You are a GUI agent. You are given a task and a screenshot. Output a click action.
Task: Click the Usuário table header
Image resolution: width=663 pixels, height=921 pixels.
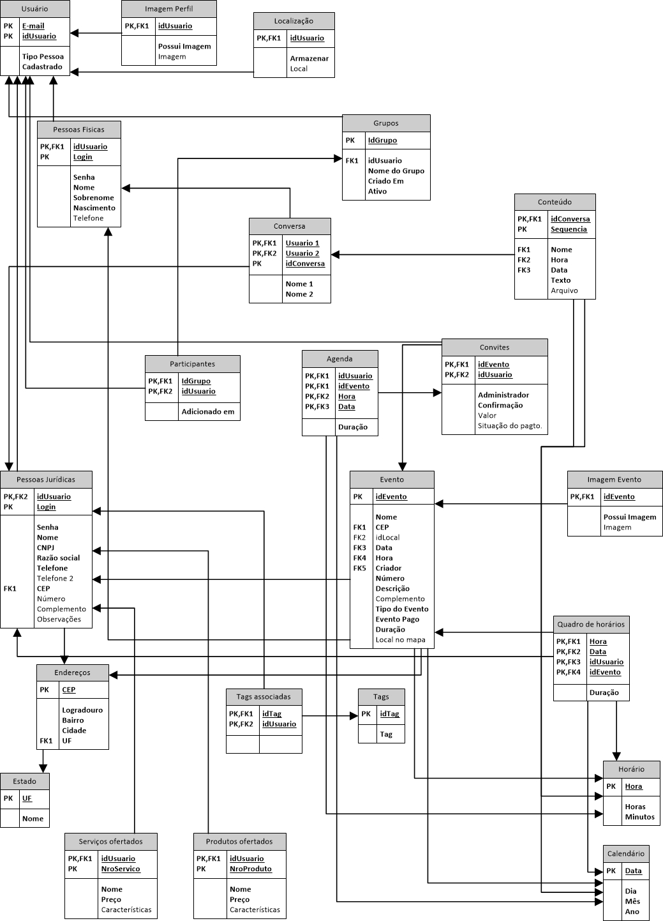tap(34, 9)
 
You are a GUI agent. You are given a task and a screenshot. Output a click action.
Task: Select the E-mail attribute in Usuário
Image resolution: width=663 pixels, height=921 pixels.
tap(33, 26)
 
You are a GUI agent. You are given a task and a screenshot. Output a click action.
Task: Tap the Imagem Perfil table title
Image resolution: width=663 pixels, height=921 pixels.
tap(168, 9)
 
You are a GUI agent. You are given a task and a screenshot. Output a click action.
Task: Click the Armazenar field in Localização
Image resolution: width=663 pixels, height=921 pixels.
tap(309, 59)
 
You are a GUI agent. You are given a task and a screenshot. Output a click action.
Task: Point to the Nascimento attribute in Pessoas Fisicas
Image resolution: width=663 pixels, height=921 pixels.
tap(94, 208)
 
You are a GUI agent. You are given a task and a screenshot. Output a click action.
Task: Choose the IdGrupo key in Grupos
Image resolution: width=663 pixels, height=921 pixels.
tap(382, 141)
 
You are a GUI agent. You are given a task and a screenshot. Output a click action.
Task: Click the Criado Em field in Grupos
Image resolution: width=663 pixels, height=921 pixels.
tap(385, 181)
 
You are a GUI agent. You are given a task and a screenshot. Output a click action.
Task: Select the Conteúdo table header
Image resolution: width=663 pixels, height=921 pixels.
tap(555, 202)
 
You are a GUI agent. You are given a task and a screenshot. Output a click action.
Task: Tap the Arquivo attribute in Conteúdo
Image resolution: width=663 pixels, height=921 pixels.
tap(564, 291)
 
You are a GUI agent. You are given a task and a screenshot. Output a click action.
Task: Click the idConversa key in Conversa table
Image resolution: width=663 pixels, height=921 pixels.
tap(305, 264)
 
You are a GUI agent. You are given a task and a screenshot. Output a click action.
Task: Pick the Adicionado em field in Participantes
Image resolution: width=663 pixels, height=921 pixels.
tap(208, 412)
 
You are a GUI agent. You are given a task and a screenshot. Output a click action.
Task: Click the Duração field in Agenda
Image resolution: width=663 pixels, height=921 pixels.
tap(353, 427)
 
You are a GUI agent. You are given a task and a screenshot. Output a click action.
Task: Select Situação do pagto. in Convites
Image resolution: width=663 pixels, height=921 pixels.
tap(510, 426)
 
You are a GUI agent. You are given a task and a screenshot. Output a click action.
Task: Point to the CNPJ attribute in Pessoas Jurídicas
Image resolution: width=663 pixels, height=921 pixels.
tap(45, 548)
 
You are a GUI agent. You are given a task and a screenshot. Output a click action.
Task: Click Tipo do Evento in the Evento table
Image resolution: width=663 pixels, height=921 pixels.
tap(402, 609)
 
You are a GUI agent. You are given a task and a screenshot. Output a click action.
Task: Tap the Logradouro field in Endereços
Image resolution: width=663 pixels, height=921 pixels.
tap(82, 710)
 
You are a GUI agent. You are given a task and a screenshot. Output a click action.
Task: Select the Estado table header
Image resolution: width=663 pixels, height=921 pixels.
tap(24, 782)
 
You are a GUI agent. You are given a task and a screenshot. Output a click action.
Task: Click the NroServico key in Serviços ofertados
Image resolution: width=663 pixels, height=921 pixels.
tap(121, 869)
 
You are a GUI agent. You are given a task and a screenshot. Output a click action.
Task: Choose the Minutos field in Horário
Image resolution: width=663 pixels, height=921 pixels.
tap(639, 818)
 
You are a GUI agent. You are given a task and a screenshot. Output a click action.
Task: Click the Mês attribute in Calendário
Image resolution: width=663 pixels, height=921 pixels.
tap(632, 902)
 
